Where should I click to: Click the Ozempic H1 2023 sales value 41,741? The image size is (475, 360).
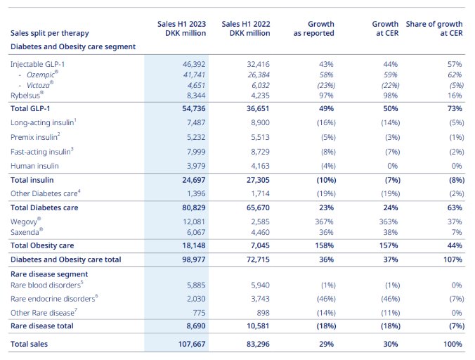[x=194, y=75]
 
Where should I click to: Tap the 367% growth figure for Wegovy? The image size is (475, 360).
[x=324, y=221]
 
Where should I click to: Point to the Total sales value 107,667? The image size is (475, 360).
[x=192, y=345]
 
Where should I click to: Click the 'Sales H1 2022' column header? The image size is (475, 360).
[x=246, y=29]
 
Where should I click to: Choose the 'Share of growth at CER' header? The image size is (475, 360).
[x=434, y=29]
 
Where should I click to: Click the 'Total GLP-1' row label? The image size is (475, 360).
[x=30, y=109]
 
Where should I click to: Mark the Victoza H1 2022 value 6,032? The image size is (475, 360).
[x=260, y=86]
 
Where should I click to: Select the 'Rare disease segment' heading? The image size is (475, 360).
[x=49, y=274]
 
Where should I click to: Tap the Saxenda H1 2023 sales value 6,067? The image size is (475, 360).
[x=196, y=233]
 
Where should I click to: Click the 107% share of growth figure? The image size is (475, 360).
[x=453, y=259]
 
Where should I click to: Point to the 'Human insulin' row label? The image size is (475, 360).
[x=34, y=166]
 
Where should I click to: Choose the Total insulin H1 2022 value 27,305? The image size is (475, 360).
[x=258, y=180]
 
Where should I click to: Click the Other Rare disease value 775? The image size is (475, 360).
[x=199, y=313]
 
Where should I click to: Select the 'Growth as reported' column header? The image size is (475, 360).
[x=314, y=29]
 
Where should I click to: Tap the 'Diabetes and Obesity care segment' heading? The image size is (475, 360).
[x=73, y=46]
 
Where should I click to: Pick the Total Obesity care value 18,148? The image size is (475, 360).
[x=194, y=246]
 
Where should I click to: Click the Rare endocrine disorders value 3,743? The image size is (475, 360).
[x=260, y=299]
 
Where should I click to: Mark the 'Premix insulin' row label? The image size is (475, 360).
[x=35, y=137]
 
